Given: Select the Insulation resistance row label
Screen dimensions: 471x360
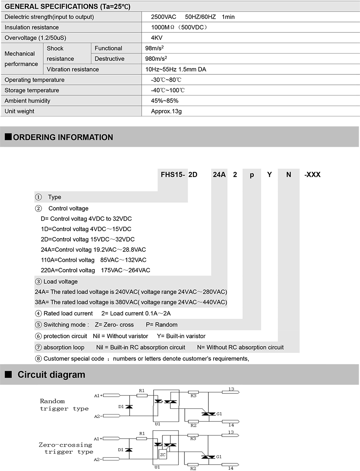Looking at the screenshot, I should [32, 27].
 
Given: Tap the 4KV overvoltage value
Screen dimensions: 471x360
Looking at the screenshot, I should [156, 38].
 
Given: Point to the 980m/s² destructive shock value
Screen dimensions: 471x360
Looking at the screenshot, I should [156, 59].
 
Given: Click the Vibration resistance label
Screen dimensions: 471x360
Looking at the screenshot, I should [73, 69].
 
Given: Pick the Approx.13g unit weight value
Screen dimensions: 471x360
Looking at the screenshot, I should [166, 111].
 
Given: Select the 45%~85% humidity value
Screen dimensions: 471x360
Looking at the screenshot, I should [165, 101].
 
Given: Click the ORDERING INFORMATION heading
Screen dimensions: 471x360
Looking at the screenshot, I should [63, 137].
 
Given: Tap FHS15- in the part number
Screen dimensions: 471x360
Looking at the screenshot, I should [173, 175].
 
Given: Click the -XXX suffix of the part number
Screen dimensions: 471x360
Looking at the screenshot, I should [312, 175].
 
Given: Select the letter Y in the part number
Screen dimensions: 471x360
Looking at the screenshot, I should [270, 175].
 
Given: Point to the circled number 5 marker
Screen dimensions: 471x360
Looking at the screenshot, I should [38, 325].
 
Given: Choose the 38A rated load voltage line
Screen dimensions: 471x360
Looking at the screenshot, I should [131, 302].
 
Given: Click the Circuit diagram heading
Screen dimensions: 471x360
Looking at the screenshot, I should [51, 375].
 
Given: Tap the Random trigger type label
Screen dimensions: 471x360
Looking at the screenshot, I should [64, 405].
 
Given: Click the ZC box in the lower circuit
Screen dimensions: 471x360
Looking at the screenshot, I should [163, 455].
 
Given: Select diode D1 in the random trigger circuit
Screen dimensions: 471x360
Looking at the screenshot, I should [129, 406].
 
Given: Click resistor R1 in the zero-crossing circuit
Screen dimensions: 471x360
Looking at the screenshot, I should [142, 439].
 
